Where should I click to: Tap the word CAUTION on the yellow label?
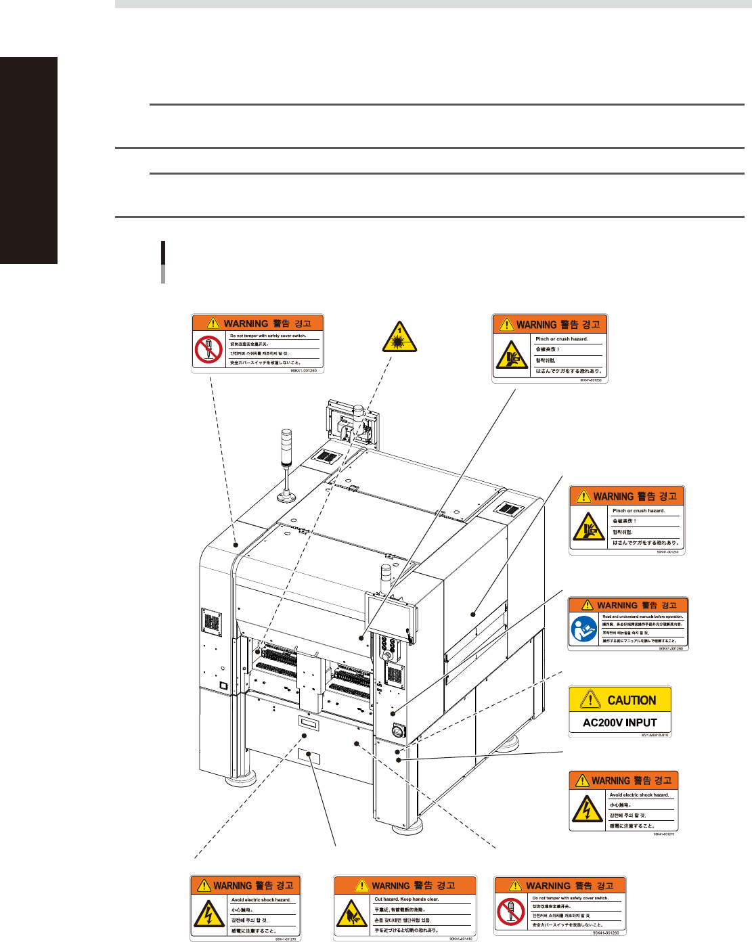(632, 700)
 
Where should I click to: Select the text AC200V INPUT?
(620, 723)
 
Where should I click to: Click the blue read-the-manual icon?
(584, 629)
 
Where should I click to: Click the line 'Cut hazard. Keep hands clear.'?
(407, 899)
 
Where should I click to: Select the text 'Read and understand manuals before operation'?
(642, 616)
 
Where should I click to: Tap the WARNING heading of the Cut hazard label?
(391, 886)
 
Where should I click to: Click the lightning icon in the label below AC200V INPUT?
(587, 809)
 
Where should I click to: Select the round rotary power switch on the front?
(399, 731)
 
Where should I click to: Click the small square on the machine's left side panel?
(222, 686)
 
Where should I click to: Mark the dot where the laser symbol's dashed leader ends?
(257, 652)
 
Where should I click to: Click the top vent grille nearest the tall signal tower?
(326, 457)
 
